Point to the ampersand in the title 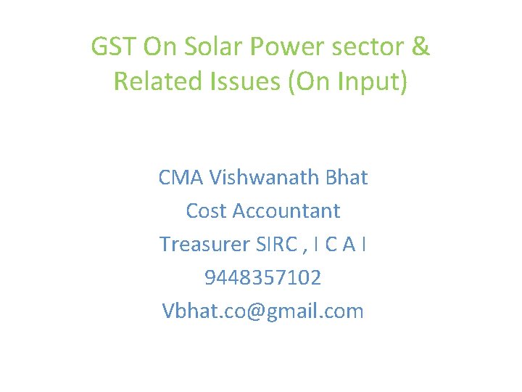(420, 47)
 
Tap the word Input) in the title (375, 82)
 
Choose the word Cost (205, 211)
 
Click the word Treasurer (205, 244)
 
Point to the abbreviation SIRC (275, 244)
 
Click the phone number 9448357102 (262, 277)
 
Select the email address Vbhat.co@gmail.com (262, 311)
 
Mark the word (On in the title (308, 82)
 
